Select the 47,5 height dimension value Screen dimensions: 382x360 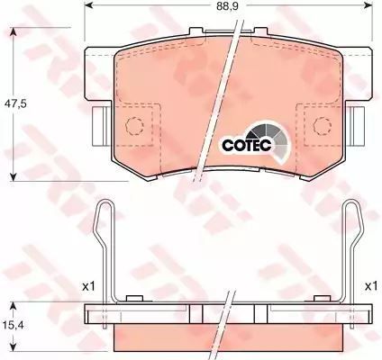click(15, 104)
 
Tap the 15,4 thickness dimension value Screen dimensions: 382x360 click(14, 324)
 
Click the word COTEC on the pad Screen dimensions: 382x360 click(247, 145)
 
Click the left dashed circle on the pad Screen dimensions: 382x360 click(134, 125)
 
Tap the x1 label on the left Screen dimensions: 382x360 click(88, 287)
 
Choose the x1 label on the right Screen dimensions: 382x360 click(370, 287)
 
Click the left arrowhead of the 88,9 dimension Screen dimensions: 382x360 click(87, 5)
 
